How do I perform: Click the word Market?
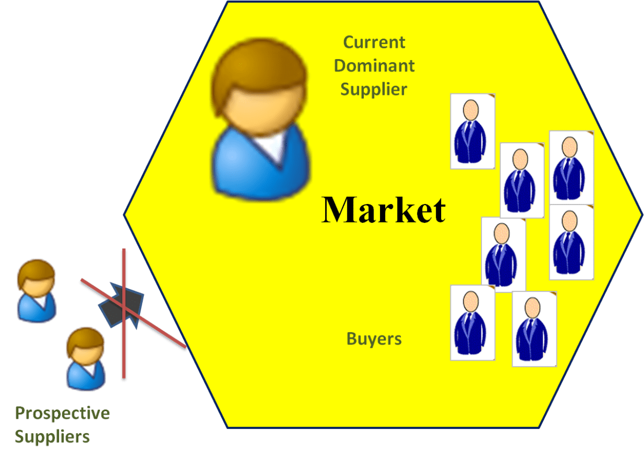(x=383, y=209)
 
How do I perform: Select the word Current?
(x=374, y=42)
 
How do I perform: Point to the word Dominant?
(x=374, y=65)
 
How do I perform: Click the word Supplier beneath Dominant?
(x=374, y=89)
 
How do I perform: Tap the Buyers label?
(x=374, y=339)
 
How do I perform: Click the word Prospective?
(x=62, y=413)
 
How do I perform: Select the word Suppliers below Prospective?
(x=52, y=436)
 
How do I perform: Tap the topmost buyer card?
(x=472, y=131)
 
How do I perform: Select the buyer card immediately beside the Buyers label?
(x=472, y=323)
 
